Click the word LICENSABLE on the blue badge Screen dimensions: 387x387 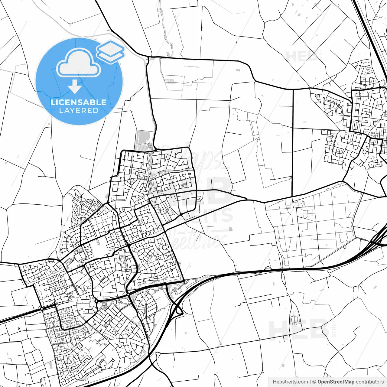pos(79,102)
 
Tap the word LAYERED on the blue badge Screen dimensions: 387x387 pos(79,110)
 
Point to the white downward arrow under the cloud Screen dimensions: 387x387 pos(75,86)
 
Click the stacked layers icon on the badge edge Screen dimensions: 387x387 pos(110,51)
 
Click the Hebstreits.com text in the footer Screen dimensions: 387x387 pos(290,382)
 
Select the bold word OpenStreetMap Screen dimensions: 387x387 pos(336,382)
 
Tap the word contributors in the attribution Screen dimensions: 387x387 pos(369,382)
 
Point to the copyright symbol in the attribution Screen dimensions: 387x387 pos(314,382)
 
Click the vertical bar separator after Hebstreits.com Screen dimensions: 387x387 pos(310,382)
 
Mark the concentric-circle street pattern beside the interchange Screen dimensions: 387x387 pos(174,291)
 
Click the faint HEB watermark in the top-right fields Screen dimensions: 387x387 pos(301,57)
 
